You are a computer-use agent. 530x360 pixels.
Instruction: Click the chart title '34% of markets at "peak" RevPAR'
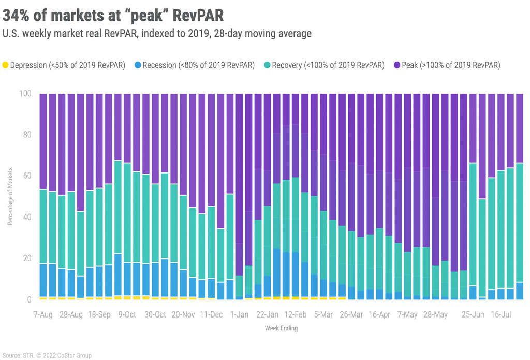pos(113,14)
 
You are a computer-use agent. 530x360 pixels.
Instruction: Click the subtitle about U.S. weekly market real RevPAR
pos(157,33)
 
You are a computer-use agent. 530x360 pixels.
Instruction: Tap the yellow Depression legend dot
pos(6,65)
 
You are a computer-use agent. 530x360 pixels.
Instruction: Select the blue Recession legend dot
pos(138,65)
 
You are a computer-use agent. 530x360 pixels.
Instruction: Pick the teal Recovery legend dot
pos(267,65)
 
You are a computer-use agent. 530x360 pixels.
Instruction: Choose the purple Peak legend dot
pos(397,65)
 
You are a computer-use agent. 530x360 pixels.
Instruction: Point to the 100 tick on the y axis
pos(25,94)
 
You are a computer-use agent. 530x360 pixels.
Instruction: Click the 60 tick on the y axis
pos(27,176)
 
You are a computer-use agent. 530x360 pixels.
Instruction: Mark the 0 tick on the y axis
pos(29,299)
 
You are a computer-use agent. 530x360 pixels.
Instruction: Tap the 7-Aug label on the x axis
pos(43,314)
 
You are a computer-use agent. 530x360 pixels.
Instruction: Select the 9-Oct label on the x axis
pos(127,314)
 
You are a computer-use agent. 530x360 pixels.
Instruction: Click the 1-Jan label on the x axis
pos(239,314)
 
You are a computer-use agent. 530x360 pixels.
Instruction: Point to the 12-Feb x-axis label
pos(296,314)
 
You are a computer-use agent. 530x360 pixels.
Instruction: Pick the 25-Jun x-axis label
pos(473,314)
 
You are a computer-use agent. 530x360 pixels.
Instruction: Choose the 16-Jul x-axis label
pos(500,314)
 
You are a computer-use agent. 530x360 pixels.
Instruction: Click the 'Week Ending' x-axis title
pos(281,328)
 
